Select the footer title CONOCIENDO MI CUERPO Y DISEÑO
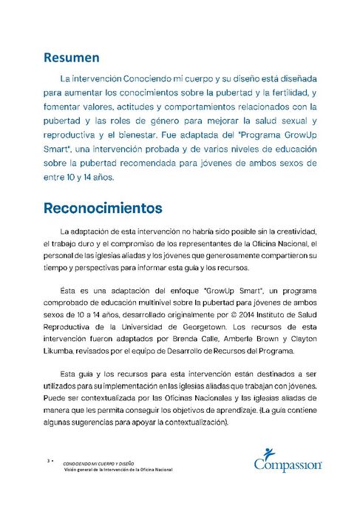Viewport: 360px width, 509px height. coord(95,462)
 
